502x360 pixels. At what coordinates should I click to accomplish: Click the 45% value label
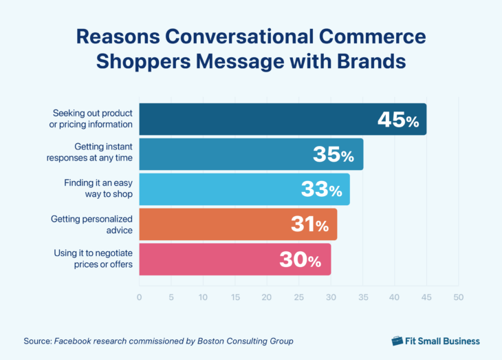pyautogui.click(x=397, y=120)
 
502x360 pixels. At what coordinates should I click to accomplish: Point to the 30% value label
pyautogui.click(x=300, y=260)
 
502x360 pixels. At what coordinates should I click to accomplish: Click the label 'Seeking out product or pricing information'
pyautogui.click(x=93, y=119)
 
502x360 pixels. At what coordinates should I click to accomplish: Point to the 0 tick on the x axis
pyautogui.click(x=140, y=297)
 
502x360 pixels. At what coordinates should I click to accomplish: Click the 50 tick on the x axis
pyautogui.click(x=458, y=297)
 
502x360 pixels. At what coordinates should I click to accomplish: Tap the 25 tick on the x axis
pyautogui.click(x=298, y=297)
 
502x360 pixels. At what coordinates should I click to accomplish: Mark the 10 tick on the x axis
pyautogui.click(x=203, y=297)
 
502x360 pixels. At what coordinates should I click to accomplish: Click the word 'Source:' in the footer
pyautogui.click(x=37, y=341)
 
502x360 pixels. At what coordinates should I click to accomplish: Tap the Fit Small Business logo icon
pyautogui.click(x=397, y=341)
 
